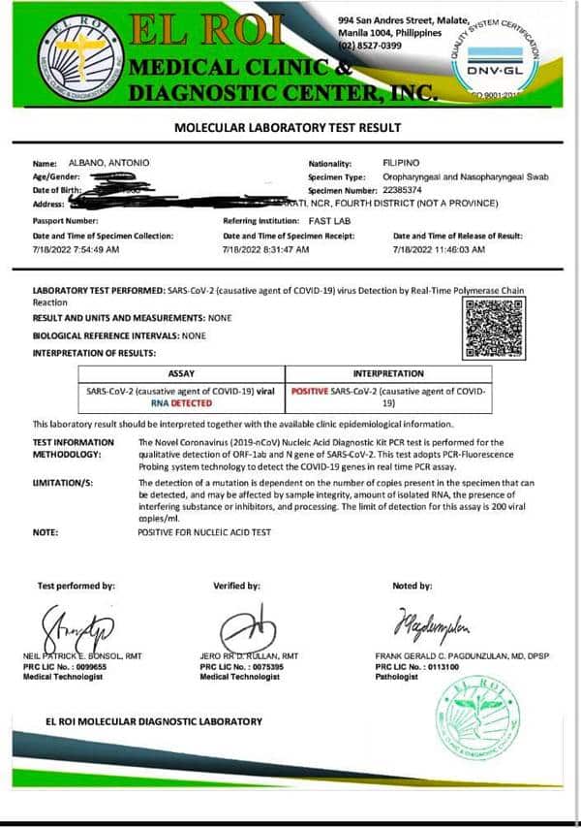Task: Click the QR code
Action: [x=496, y=329]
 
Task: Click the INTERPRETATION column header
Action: [x=388, y=373]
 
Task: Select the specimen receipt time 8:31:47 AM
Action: [x=282, y=250]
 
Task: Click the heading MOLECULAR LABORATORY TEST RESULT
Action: [x=288, y=127]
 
